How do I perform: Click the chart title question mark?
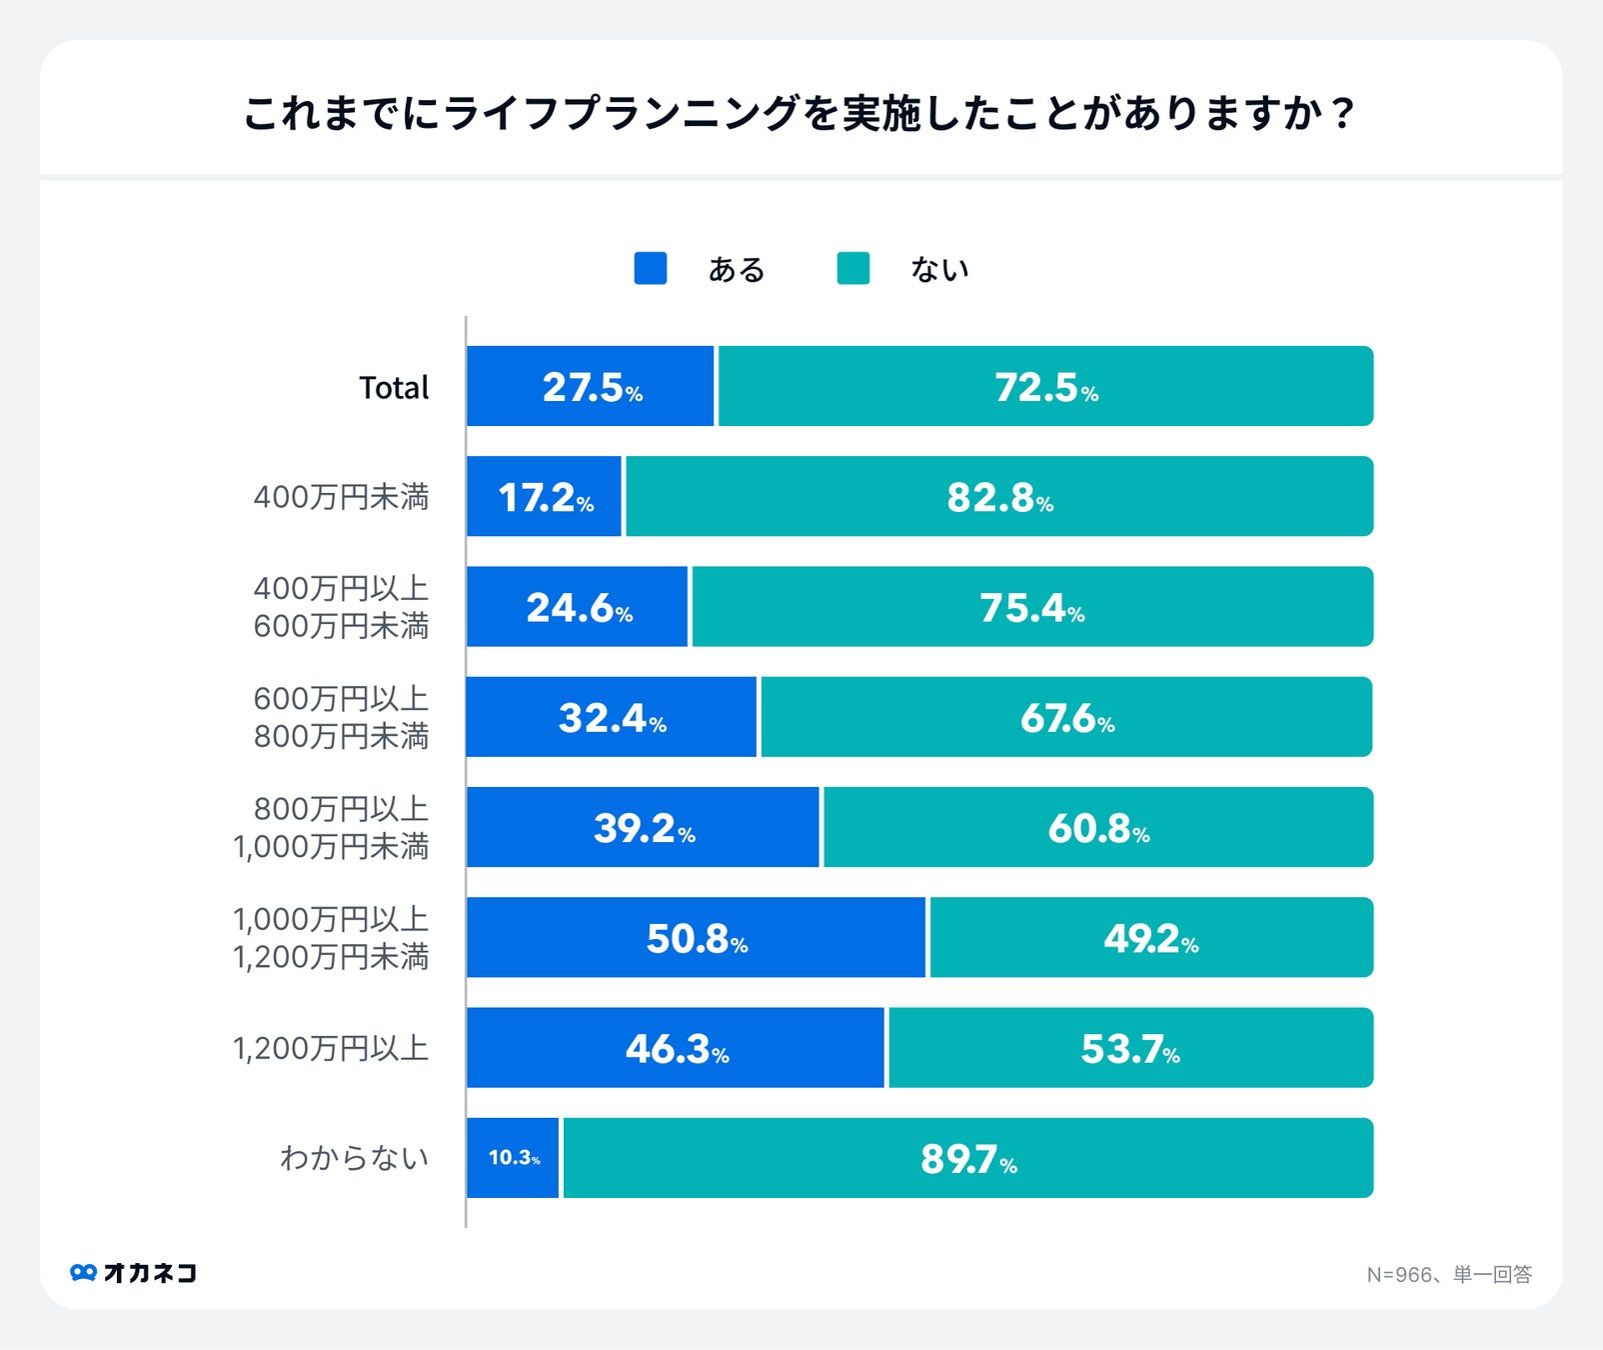pos(1342,113)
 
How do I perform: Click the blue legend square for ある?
pos(651,268)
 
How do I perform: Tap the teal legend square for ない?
pos(852,268)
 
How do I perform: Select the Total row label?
pos(394,387)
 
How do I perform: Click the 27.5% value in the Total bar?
pos(592,387)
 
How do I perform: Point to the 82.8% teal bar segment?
pos(999,497)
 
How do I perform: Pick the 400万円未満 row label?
pos(341,497)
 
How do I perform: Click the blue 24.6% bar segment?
pos(578,607)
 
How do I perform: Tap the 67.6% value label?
pos(1066,718)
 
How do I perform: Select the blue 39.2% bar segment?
pos(643,827)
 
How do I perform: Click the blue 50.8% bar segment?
pos(697,938)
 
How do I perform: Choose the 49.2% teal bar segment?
pos(1151,938)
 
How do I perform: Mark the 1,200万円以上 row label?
pos(331,1048)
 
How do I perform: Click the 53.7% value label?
pos(1130,1049)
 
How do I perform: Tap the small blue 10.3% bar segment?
pos(513,1158)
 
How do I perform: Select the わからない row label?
pos(354,1158)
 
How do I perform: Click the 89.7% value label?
pos(968,1159)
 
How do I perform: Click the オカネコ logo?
pos(134,1272)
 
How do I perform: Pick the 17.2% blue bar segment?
pos(545,497)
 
